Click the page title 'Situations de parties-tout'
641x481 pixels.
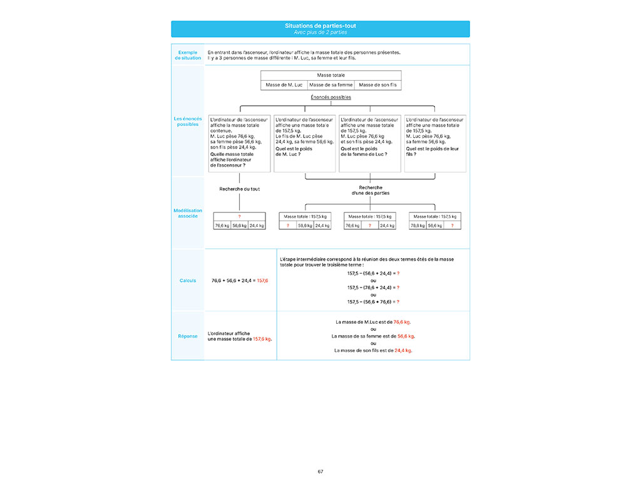click(x=320, y=26)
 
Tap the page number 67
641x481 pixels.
click(x=320, y=471)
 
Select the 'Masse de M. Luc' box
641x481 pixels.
click(x=284, y=85)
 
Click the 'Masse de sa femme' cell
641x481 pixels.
click(x=331, y=85)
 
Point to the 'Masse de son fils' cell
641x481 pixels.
click(x=377, y=85)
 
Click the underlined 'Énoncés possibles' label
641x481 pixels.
click(x=331, y=97)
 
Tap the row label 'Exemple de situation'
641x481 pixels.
click(x=188, y=55)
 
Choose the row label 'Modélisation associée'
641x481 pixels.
click(x=188, y=214)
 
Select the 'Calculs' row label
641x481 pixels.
click(x=188, y=281)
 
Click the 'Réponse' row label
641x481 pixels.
click(x=188, y=336)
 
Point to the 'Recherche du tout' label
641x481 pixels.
click(x=239, y=189)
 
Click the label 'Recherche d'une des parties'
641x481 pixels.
click(x=371, y=190)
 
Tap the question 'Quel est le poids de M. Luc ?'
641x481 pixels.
click(x=295, y=152)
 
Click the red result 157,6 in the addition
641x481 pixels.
click(x=262, y=281)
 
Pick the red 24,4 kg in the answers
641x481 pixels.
click(x=403, y=351)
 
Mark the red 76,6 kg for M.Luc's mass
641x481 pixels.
click(x=402, y=322)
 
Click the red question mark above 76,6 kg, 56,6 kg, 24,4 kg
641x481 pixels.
click(x=239, y=216)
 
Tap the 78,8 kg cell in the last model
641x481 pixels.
click(x=418, y=225)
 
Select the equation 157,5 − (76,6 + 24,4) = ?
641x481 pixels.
click(x=373, y=287)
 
